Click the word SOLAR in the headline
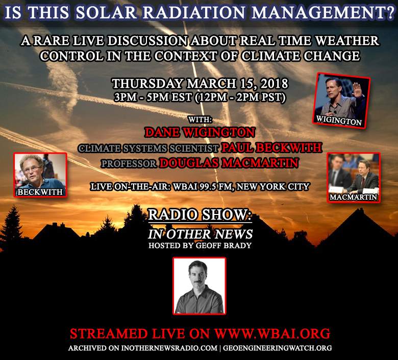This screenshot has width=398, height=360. click(107, 12)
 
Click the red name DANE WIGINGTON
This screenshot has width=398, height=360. click(200, 132)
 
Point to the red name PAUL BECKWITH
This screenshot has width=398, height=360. click(271, 148)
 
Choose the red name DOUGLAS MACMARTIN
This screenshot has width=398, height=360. click(229, 163)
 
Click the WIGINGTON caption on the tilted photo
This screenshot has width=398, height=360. click(339, 120)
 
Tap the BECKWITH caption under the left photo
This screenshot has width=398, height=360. click(40, 192)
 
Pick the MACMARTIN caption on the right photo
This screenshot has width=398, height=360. click(354, 197)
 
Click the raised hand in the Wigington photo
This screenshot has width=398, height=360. click(357, 90)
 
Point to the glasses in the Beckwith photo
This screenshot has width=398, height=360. click(32, 169)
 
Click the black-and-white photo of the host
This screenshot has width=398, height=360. click(200, 286)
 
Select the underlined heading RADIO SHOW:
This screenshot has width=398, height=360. click(200, 215)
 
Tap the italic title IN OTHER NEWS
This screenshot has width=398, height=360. click(200, 234)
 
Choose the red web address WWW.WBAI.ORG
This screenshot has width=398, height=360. click(272, 333)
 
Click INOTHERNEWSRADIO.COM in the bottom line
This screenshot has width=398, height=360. click(169, 348)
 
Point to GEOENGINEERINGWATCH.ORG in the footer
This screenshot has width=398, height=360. click(278, 348)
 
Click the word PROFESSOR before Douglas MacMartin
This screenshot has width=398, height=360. click(129, 163)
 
